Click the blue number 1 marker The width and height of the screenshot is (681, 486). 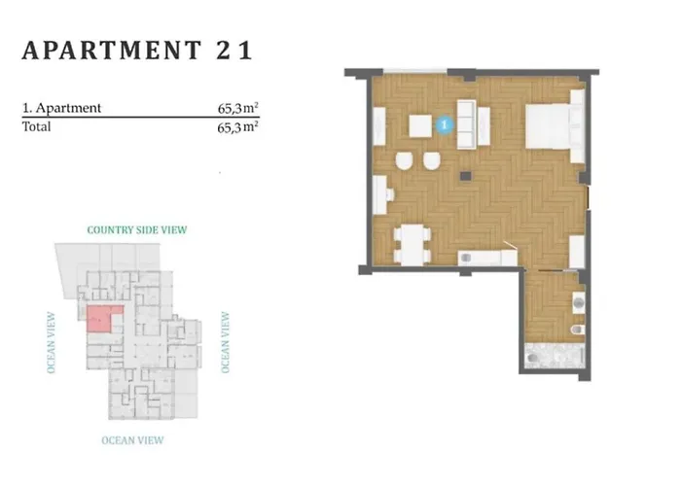pyautogui.click(x=445, y=125)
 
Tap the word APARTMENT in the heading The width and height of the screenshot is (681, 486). pyautogui.click(x=112, y=51)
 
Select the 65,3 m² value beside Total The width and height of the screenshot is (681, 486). pyautogui.click(x=238, y=127)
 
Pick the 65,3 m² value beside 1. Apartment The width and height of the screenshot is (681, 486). pyautogui.click(x=238, y=108)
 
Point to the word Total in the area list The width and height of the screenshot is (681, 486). pyautogui.click(x=37, y=126)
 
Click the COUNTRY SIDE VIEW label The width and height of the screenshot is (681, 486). pyautogui.click(x=137, y=230)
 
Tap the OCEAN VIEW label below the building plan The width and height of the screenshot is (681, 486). pyautogui.click(x=132, y=440)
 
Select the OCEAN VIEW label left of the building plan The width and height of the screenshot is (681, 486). pyautogui.click(x=52, y=342)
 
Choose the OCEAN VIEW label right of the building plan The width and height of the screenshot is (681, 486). pyautogui.click(x=225, y=342)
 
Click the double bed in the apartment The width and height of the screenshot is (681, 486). pyautogui.click(x=555, y=125)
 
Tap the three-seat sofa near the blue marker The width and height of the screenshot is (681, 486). pyautogui.click(x=467, y=124)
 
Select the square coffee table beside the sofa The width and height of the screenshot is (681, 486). pyautogui.click(x=420, y=125)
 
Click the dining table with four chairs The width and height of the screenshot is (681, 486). pyautogui.click(x=412, y=245)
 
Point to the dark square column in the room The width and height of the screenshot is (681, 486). pyautogui.click(x=466, y=176)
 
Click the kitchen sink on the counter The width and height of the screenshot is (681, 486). pyautogui.click(x=466, y=259)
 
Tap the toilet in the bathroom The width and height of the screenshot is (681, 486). pyautogui.click(x=578, y=330)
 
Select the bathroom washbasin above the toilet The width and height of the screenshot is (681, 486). pyautogui.click(x=578, y=302)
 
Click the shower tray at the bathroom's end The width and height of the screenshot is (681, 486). pyautogui.click(x=554, y=356)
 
